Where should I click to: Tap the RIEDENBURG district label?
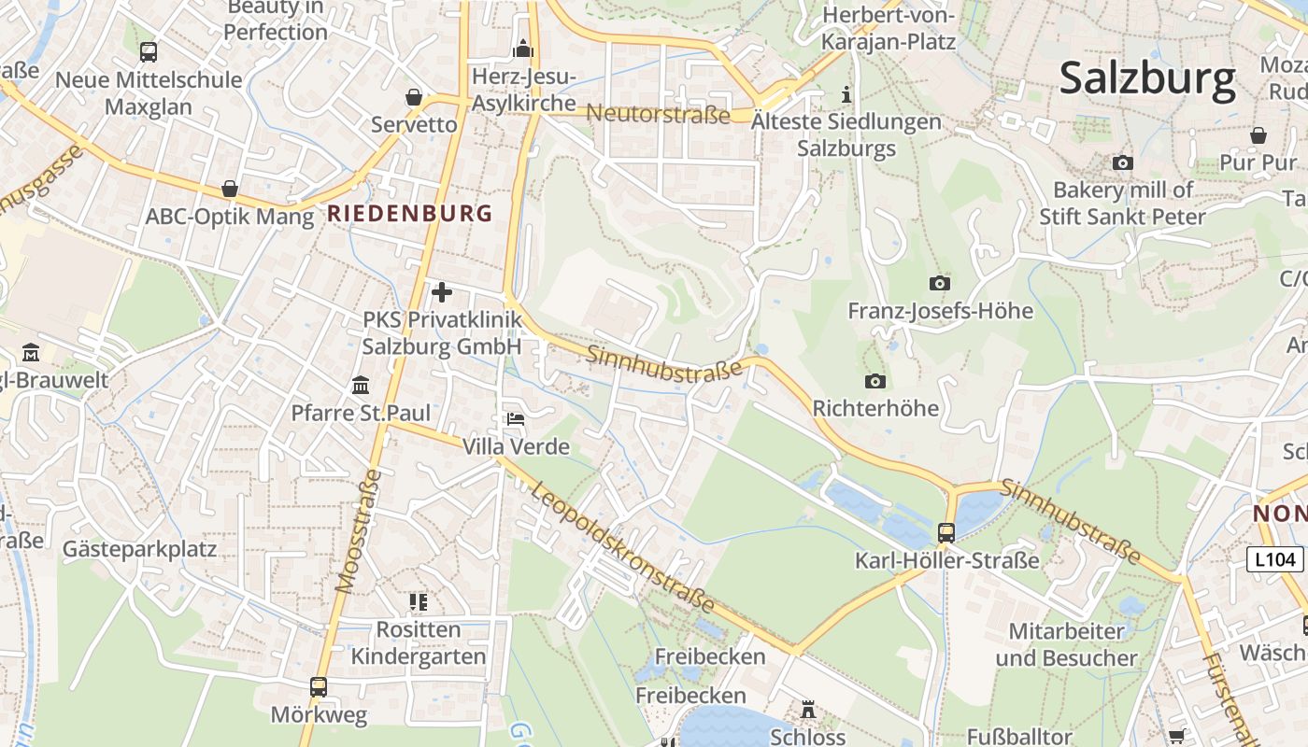click(x=409, y=214)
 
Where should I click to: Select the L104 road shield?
click(x=1275, y=559)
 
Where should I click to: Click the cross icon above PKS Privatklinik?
click(x=442, y=293)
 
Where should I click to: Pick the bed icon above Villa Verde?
click(x=515, y=419)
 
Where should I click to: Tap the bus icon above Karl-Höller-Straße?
click(x=946, y=533)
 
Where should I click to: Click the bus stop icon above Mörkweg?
click(x=319, y=687)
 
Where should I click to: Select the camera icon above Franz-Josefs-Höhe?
click(x=939, y=283)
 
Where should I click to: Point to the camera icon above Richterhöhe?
click(x=875, y=381)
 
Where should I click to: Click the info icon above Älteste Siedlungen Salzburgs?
click(x=846, y=94)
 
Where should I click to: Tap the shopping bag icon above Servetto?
click(x=414, y=97)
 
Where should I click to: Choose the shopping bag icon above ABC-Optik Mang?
click(x=230, y=190)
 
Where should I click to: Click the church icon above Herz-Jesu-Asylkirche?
click(x=523, y=49)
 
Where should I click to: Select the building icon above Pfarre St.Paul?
click(x=361, y=385)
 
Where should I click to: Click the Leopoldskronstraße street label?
click(x=625, y=547)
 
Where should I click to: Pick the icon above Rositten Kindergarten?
click(x=418, y=602)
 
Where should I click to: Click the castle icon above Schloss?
click(x=808, y=710)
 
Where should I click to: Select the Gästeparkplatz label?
click(x=139, y=549)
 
